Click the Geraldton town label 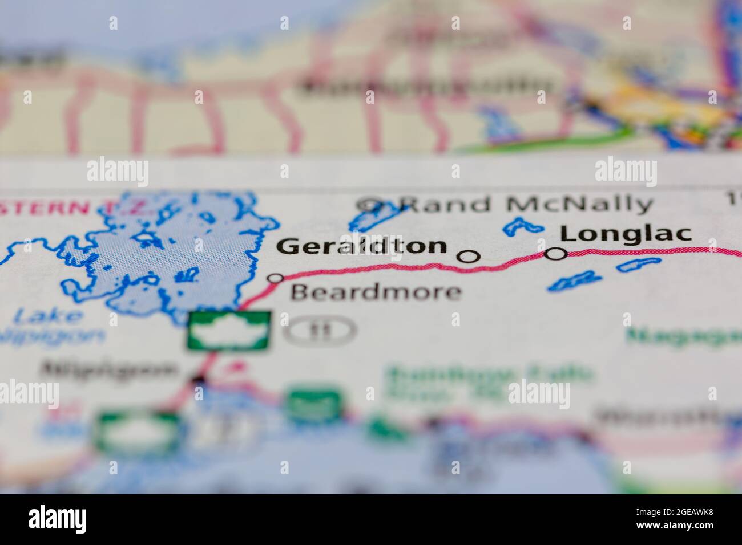coord(361,246)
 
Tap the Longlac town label coord(626,234)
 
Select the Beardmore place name coord(376,292)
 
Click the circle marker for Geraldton coord(469,257)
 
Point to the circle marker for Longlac coord(555,254)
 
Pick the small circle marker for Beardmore coord(276,278)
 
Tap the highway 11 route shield coord(321,330)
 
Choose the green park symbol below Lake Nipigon coord(229,329)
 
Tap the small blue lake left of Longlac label coord(522,226)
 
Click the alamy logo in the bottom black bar coord(58,519)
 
